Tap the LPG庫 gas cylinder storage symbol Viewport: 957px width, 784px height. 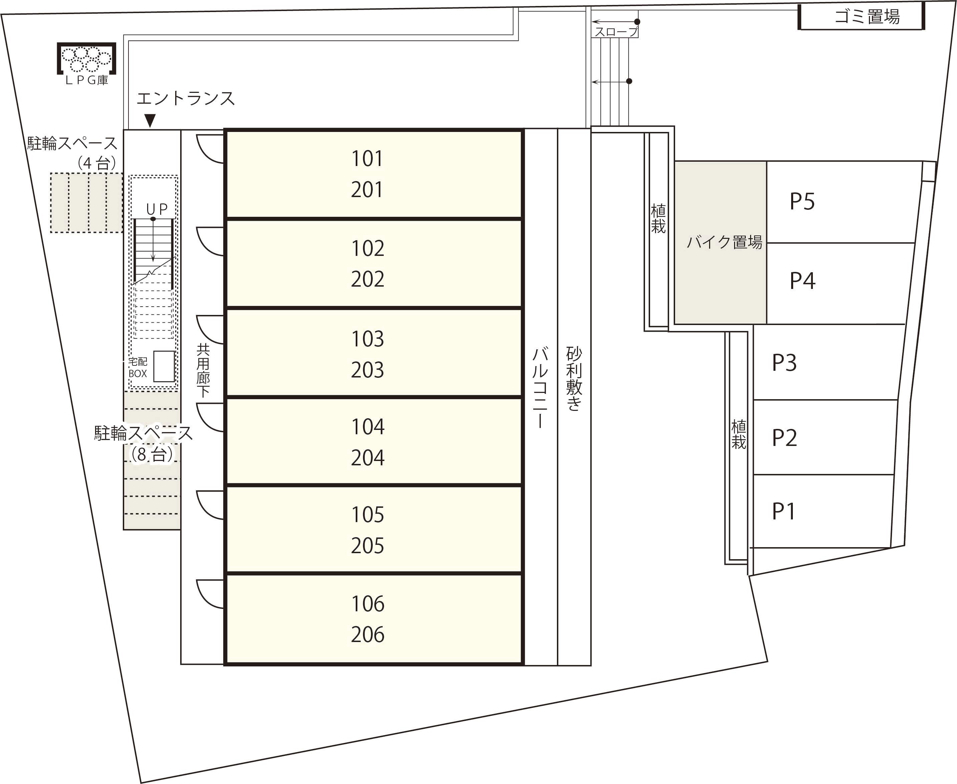[x=86, y=59]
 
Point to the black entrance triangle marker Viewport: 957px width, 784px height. [x=150, y=120]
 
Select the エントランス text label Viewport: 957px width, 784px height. [x=186, y=99]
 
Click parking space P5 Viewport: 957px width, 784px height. [x=802, y=201]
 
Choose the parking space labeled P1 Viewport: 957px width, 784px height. [x=784, y=511]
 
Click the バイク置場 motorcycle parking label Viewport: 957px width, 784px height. [x=724, y=243]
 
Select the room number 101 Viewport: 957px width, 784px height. [x=367, y=159]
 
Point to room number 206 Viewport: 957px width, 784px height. [x=368, y=635]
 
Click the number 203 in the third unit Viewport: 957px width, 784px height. [x=368, y=370]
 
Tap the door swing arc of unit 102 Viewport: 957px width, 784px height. [x=209, y=242]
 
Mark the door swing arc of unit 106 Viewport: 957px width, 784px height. [x=209, y=594]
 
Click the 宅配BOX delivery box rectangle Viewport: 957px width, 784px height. [x=164, y=366]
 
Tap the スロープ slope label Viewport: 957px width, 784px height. [x=616, y=32]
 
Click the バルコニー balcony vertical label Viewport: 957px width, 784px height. [x=540, y=387]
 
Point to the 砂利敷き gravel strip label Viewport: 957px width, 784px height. [x=574, y=378]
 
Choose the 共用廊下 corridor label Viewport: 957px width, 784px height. [x=203, y=370]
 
